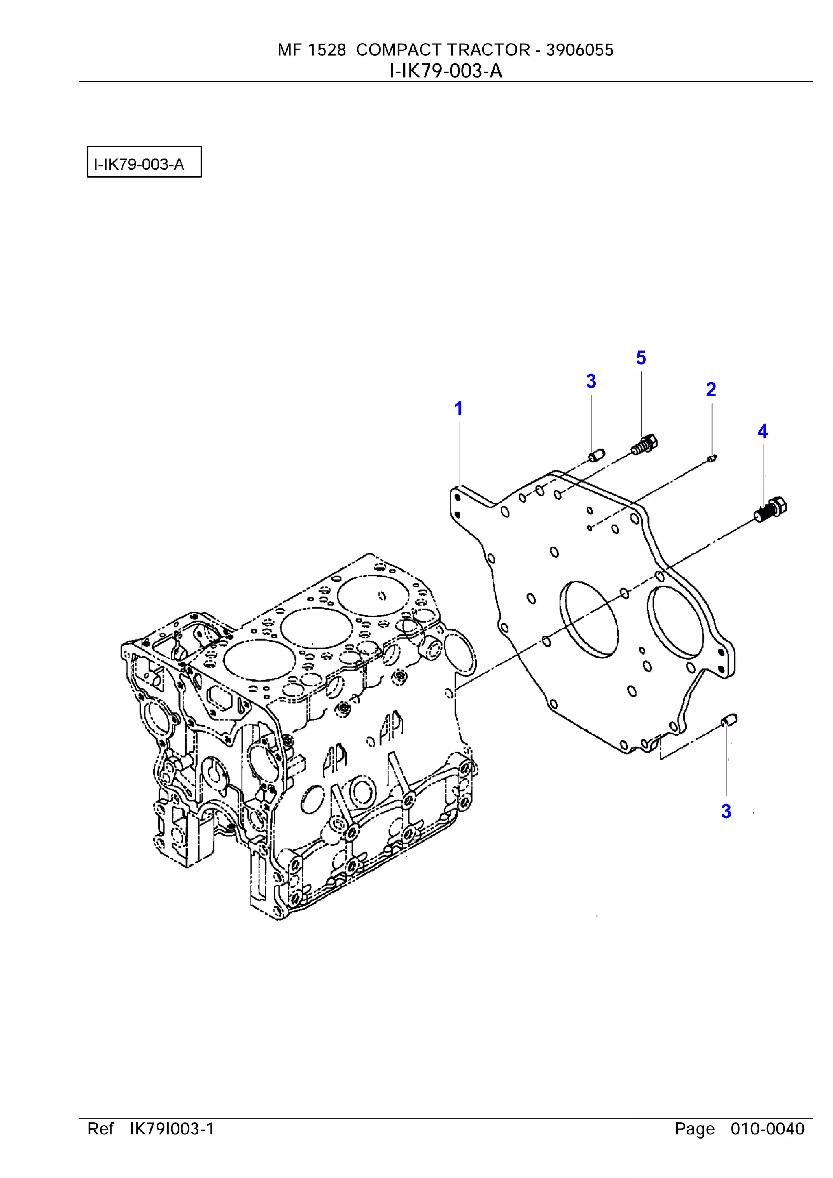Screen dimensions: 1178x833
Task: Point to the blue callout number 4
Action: click(762, 431)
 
